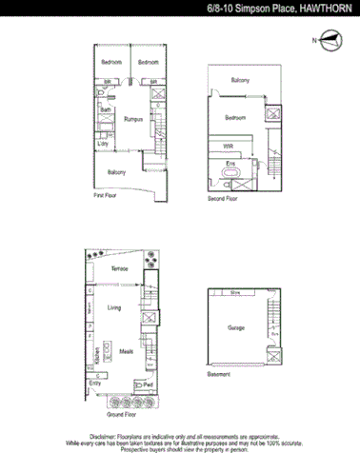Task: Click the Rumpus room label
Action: pyautogui.click(x=132, y=118)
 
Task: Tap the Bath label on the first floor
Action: pyautogui.click(x=107, y=109)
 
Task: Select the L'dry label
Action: pyautogui.click(x=104, y=143)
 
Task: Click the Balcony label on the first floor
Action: pyautogui.click(x=117, y=172)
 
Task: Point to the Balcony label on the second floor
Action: pyautogui.click(x=239, y=81)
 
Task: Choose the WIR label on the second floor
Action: pyautogui.click(x=228, y=146)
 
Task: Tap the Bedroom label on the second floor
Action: pyautogui.click(x=237, y=117)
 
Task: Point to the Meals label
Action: pyautogui.click(x=126, y=349)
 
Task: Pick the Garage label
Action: pyautogui.click(x=236, y=327)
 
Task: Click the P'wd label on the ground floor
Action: pyautogui.click(x=148, y=384)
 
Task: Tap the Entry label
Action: pyautogui.click(x=94, y=383)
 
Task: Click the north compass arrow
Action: pyautogui.click(x=329, y=40)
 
